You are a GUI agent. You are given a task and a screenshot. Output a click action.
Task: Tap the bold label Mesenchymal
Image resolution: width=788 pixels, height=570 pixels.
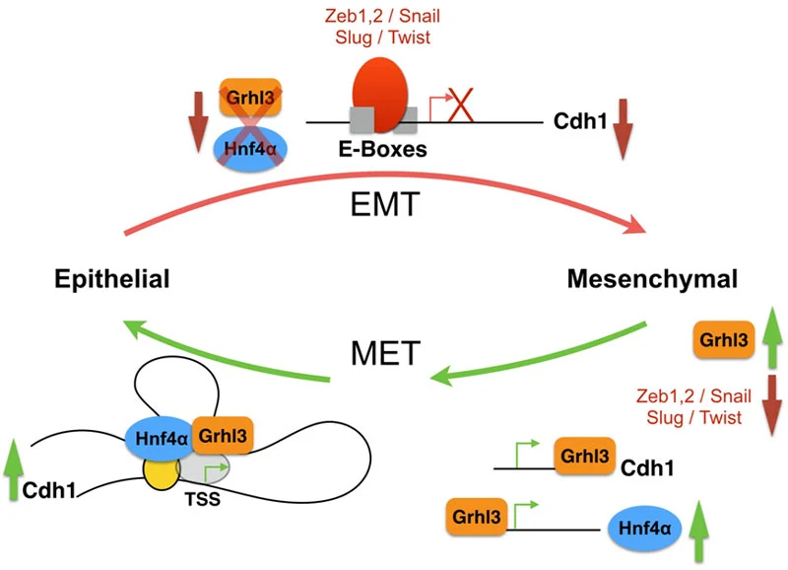[x=652, y=279]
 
